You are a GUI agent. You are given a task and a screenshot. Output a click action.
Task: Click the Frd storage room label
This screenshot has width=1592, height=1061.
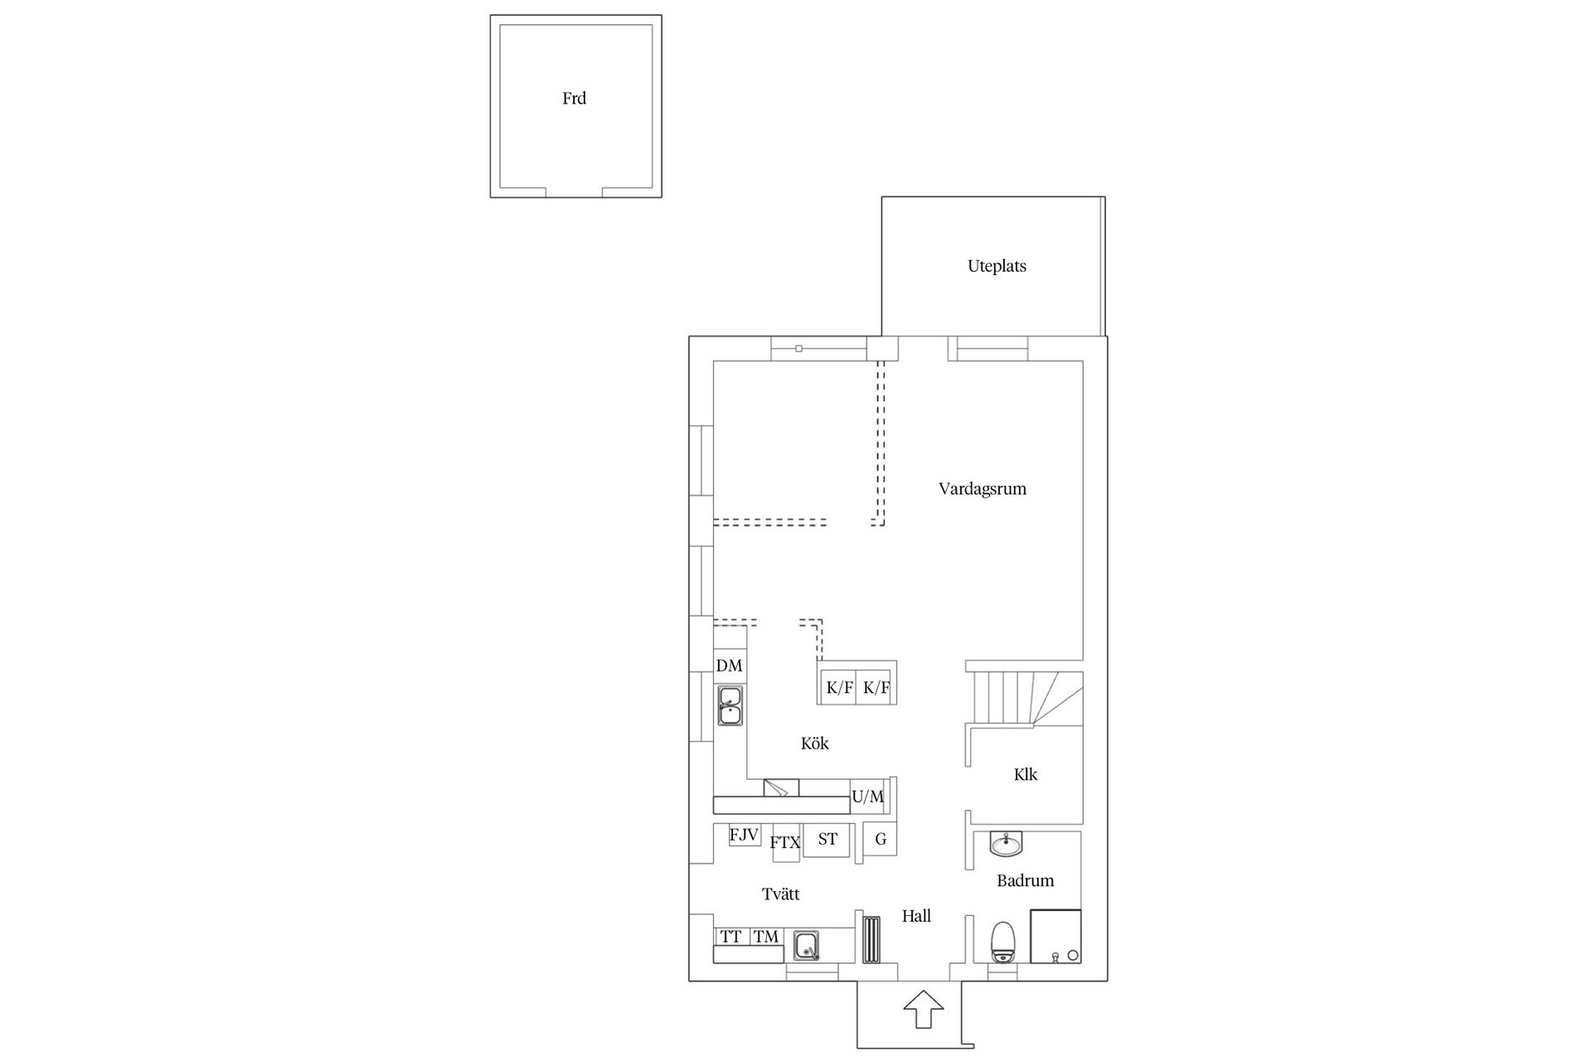pos(574,99)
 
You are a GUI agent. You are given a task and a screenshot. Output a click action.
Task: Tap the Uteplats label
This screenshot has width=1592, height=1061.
pos(997,266)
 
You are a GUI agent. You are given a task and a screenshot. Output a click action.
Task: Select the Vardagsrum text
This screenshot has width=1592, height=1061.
pos(983,489)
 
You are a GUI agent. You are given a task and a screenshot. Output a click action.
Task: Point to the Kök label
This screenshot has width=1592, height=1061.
pos(814,744)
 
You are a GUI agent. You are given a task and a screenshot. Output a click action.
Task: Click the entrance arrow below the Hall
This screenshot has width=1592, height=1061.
pos(923,1009)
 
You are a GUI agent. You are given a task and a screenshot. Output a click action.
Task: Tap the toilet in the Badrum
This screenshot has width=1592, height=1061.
pos(1004,942)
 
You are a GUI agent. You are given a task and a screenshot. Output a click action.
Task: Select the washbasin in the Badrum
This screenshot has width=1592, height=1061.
pos(1006,844)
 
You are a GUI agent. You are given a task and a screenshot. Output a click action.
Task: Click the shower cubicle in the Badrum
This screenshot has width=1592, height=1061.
pos(1056,937)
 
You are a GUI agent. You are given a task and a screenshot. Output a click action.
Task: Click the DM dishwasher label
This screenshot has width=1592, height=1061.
pos(729,666)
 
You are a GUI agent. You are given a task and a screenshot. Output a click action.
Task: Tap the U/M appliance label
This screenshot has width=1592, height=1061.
pos(867,797)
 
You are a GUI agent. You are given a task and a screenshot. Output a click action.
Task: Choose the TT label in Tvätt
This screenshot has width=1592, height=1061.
pos(730,937)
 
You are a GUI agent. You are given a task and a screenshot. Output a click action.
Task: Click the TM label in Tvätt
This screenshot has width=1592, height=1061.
pos(766,937)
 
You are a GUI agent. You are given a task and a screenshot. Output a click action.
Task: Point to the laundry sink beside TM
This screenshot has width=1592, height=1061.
pos(806,946)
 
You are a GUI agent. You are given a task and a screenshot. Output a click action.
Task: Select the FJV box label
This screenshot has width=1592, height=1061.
pos(744,835)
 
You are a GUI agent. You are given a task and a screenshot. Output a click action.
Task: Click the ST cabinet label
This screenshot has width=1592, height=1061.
pos(828,839)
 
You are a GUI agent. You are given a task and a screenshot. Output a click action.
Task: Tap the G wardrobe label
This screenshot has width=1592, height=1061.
pos(881,839)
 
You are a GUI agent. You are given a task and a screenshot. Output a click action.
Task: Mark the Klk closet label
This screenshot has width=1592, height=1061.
pos(1026,775)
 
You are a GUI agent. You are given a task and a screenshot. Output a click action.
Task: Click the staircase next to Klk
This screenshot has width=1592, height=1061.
pos(1027,698)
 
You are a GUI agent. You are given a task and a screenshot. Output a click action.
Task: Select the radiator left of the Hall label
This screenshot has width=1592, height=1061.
pos(871,938)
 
